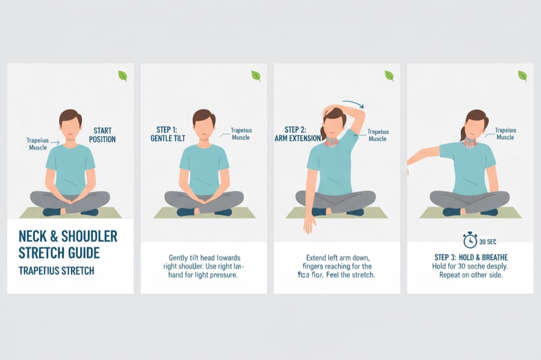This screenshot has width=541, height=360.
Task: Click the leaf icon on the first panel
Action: click(x=123, y=76)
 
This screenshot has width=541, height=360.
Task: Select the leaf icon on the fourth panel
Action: click(x=522, y=76)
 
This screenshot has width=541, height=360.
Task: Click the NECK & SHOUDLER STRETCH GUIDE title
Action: click(x=68, y=244)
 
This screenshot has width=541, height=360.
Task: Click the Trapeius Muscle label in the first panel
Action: click(x=38, y=144)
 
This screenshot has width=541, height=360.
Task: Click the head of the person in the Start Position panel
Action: click(x=70, y=126)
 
